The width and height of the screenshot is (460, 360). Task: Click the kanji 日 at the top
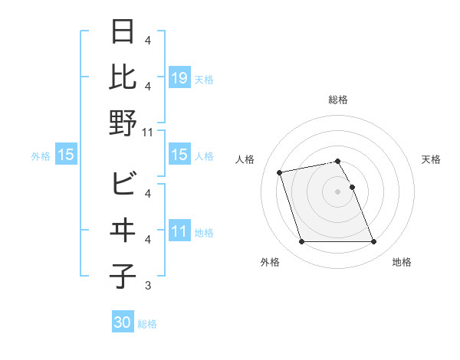point(123,34)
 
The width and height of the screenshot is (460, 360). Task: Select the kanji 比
point(123,77)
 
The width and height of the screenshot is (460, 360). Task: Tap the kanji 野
point(123,122)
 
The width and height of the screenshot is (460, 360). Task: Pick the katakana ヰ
point(123,230)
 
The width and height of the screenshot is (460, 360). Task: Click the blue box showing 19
point(179,78)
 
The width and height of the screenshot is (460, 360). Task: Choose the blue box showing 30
point(122,322)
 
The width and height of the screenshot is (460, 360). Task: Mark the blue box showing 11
point(179,231)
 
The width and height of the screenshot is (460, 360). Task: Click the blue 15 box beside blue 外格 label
point(65,155)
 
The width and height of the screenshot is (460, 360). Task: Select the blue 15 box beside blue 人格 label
point(179,155)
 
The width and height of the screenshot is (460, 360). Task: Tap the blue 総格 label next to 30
point(147,324)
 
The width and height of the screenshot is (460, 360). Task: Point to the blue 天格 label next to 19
point(204,79)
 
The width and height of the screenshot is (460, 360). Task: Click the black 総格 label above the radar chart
point(338,100)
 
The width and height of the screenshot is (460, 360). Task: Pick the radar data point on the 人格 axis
point(280,172)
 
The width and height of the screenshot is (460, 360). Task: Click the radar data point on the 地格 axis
point(373,242)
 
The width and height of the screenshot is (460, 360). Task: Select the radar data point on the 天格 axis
point(352,187)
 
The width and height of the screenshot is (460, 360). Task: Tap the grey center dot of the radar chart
point(338,191)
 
